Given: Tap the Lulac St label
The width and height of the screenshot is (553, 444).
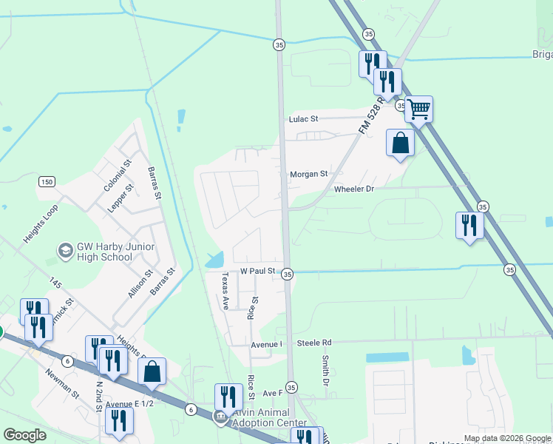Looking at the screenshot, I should [x=303, y=118].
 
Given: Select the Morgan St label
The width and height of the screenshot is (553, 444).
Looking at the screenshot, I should [x=308, y=174].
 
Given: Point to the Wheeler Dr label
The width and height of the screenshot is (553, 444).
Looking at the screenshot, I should [x=355, y=189].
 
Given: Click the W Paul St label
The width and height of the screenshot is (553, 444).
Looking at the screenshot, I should [x=257, y=272].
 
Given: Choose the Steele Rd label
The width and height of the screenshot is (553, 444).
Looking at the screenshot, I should [x=314, y=343].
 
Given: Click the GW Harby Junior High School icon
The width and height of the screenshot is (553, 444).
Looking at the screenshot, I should [x=65, y=252].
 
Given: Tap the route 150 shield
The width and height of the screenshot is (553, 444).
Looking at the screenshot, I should [x=47, y=182].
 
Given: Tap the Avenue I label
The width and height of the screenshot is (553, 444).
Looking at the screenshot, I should [x=267, y=344].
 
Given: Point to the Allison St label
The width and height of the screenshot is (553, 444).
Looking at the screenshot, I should [x=140, y=283].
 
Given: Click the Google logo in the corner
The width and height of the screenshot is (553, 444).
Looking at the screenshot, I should [x=24, y=435].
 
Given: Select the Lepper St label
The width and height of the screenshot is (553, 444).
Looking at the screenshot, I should [x=121, y=198].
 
